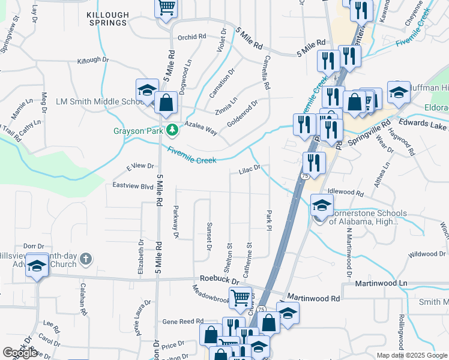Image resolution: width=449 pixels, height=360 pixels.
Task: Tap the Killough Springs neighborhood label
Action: coord(107,18)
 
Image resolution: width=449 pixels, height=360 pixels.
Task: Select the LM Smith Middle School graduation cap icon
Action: coord(146,91)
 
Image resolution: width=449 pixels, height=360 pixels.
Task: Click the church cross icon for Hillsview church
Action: coord(86,259)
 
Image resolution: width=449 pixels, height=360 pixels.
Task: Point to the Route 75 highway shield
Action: coord(306,176)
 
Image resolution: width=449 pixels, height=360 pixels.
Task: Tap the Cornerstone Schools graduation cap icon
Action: coord(322,206)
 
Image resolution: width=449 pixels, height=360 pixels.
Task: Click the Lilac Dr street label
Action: coord(249,170)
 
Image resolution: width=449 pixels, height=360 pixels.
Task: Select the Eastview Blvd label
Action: coord(133,186)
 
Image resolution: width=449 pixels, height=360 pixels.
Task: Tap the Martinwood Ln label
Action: coord(381,283)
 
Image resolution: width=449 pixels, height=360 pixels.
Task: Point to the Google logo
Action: coord(20,353)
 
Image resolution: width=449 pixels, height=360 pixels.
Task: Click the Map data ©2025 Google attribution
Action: coord(412,355)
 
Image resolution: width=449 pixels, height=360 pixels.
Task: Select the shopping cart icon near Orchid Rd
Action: coord(166,8)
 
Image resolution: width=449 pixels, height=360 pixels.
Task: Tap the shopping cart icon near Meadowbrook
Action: coord(240,296)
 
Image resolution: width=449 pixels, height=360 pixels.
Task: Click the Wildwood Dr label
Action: coord(427,254)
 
